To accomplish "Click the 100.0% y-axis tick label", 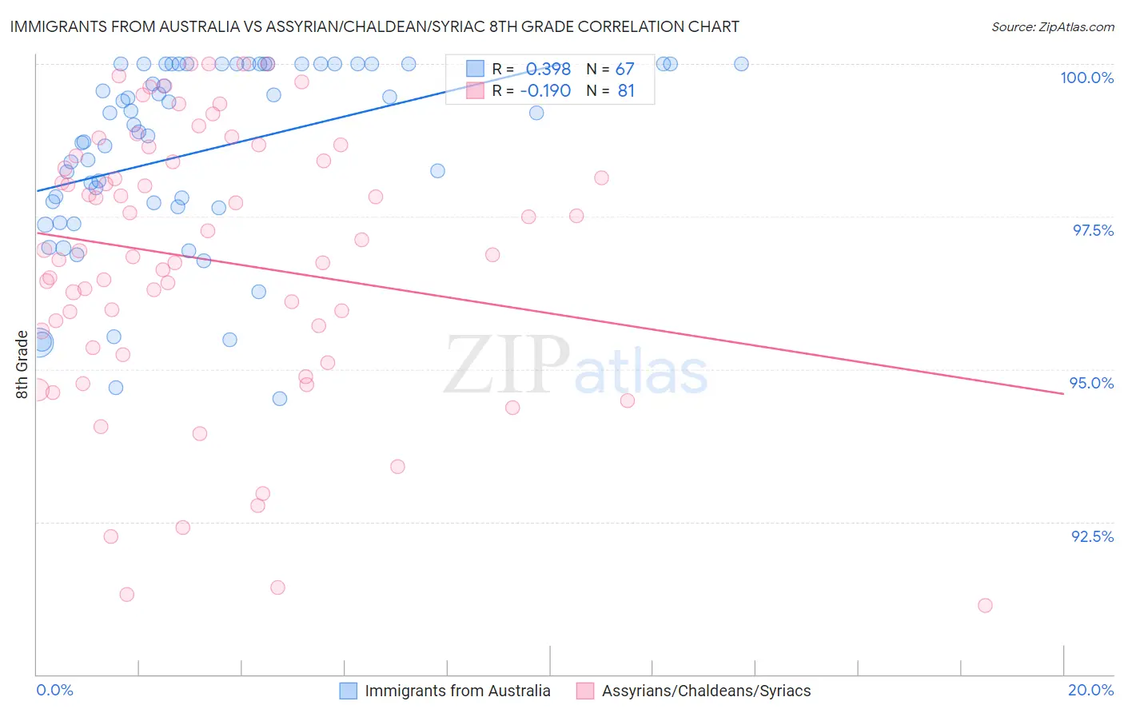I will [1086, 78].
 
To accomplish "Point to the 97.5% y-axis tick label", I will [1092, 230].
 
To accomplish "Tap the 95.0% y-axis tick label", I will [1091, 383].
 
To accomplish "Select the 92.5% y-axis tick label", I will [1092, 536].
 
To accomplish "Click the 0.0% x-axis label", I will [54, 690].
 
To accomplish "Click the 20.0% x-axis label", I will [1090, 690].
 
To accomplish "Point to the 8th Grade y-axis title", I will [22, 364].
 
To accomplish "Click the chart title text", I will [374, 26].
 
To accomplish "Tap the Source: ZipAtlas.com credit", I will [1052, 26].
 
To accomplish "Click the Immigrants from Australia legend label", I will [457, 691].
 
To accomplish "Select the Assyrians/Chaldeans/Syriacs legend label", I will [706, 691].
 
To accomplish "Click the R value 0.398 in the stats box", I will [548, 69].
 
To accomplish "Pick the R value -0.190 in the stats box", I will [545, 91].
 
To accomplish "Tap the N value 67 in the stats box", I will [624, 69].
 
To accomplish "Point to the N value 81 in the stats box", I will [626, 91].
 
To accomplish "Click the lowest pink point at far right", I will [985, 605].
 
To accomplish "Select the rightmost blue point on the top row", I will [741, 64].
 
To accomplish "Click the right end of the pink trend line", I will [1063, 394].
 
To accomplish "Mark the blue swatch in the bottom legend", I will [348, 691].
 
